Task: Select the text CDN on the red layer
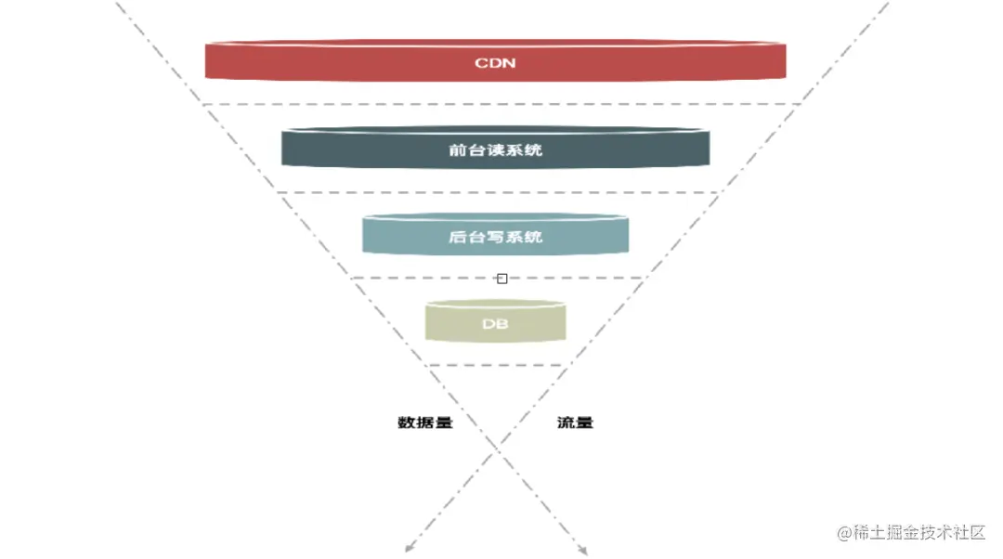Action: [495, 64]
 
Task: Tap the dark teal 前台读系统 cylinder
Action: [353, 149]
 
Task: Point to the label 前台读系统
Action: [495, 149]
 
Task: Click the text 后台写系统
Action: [495, 237]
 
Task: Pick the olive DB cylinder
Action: [455, 323]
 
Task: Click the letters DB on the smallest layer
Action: [495, 324]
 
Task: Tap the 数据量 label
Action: [424, 422]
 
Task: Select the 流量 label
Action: [575, 422]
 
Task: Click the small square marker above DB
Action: [501, 278]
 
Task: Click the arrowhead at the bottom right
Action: [583, 551]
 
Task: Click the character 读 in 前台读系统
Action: [495, 149]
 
